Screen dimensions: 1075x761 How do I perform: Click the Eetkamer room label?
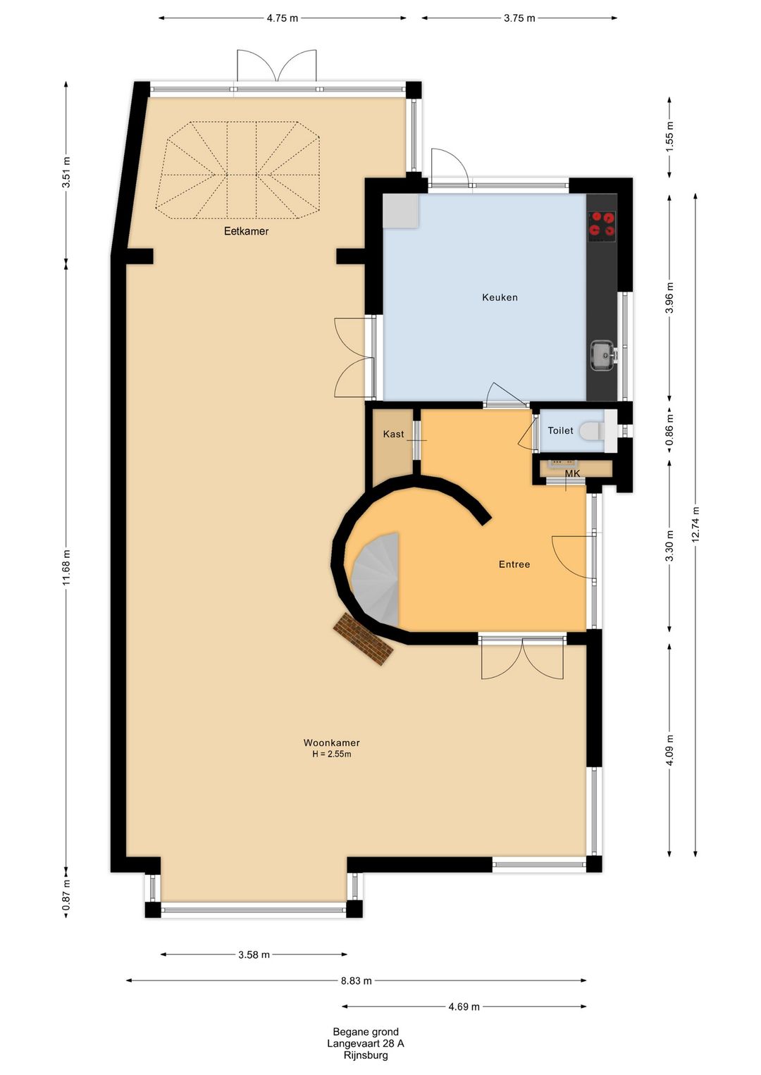coord(246,231)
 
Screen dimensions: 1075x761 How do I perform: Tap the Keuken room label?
coord(500,297)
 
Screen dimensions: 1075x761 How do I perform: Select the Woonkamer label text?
coord(331,742)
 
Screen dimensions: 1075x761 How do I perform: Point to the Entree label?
coord(514,564)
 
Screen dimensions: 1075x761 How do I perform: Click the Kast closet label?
coord(393,434)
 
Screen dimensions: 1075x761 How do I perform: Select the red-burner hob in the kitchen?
coord(602,225)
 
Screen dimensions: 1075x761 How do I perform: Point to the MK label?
coord(572,473)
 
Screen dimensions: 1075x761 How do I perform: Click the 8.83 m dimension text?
coord(356,981)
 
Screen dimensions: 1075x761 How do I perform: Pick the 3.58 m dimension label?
coord(254,955)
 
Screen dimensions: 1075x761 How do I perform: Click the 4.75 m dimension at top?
coord(282,18)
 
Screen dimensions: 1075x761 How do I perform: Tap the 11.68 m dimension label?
coord(67,567)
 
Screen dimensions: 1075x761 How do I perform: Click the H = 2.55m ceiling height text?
coord(331,754)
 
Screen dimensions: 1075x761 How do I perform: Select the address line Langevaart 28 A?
coord(365,1043)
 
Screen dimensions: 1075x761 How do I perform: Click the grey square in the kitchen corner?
coord(400,211)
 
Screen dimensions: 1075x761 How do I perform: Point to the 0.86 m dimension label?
coord(669,430)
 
